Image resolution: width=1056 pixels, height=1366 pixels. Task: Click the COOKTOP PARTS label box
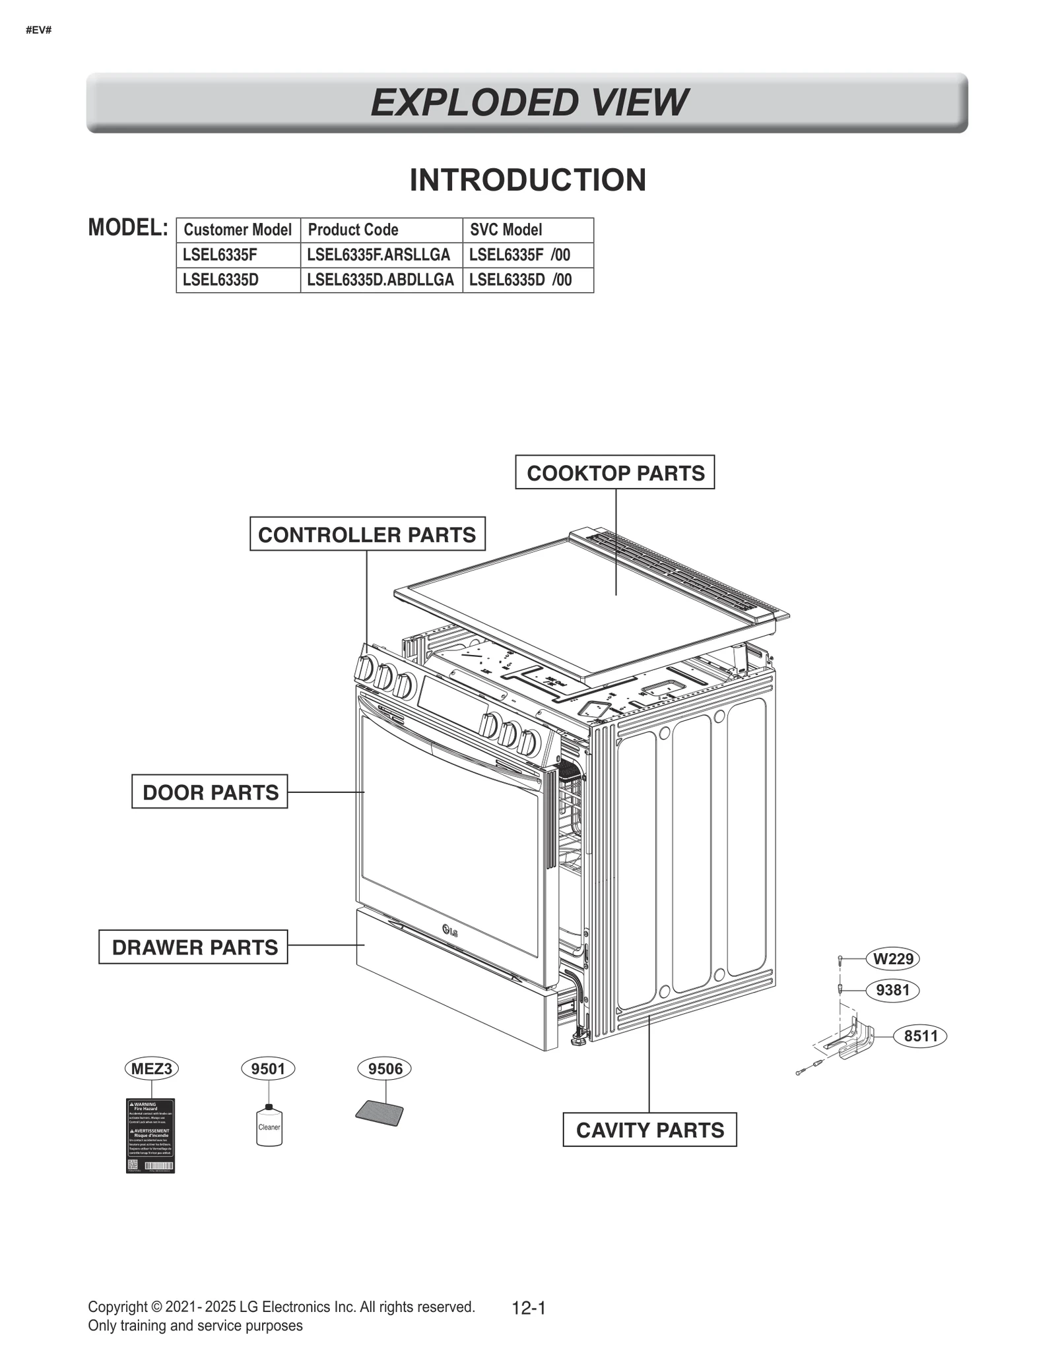614,472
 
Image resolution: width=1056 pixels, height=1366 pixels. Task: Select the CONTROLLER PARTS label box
367,534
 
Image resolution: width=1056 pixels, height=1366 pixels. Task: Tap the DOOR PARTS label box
210,792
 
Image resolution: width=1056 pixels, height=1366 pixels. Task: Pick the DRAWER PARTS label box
193,947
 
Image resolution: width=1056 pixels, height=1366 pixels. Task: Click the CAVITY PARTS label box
649,1129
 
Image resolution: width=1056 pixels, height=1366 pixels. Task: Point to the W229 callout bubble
892,958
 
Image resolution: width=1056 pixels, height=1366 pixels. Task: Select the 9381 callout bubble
892,989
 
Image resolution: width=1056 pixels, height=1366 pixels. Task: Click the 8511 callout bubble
920,1036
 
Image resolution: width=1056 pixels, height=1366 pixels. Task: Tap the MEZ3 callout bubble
151,1068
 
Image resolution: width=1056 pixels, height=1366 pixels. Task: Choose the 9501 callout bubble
268,1068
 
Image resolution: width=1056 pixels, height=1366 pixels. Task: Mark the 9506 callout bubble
384,1068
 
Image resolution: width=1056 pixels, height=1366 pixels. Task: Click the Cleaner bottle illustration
269,1126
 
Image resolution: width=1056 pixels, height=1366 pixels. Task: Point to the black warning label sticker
150,1135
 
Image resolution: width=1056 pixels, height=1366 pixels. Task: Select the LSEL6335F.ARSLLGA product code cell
381,255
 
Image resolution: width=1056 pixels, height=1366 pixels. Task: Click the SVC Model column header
527,230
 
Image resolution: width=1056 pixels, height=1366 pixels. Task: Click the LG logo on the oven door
450,931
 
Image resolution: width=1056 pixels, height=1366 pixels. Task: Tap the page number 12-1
529,1307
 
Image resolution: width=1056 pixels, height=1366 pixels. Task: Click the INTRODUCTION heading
527,179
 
